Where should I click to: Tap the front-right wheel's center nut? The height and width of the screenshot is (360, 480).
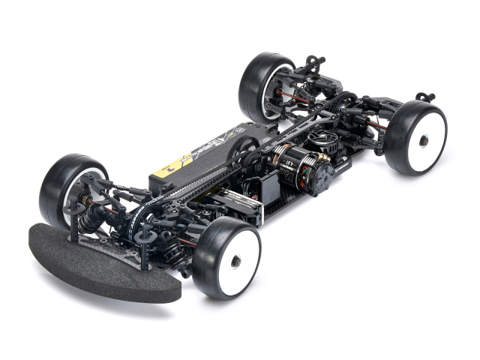(235, 260)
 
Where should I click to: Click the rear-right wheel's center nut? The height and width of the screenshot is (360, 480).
(424, 140)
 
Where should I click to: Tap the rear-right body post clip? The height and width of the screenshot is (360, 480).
(426, 97)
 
